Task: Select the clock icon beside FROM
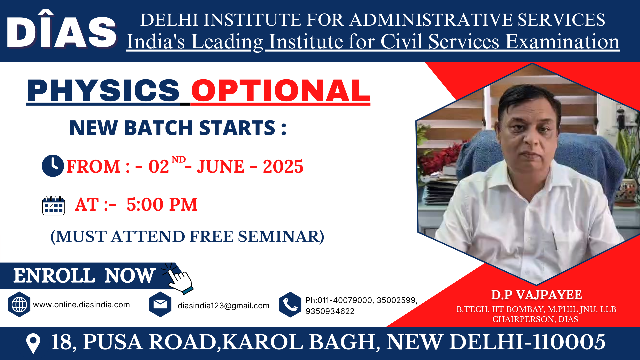[53, 166]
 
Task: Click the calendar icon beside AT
[53, 206]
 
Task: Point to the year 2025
[283, 166]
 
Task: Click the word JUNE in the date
[221, 166]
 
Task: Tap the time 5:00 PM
[162, 204]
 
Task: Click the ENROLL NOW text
[84, 276]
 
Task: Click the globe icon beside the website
[19, 304]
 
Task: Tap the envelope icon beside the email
[160, 304]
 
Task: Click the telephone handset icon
[290, 304]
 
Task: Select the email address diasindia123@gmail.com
[223, 306]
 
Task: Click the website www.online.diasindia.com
[81, 305]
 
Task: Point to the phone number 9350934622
[330, 311]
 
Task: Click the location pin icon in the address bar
[33, 343]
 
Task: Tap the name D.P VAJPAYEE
[536, 295]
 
